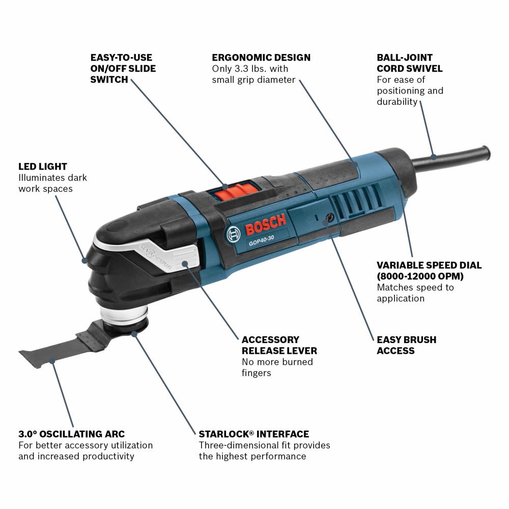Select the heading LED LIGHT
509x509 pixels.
point(43,166)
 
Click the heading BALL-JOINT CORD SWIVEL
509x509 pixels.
point(410,63)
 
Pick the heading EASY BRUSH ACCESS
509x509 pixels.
point(406,345)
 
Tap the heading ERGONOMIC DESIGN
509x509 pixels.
point(261,58)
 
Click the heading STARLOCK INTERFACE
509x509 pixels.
point(253,434)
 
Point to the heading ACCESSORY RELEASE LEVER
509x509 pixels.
point(279,345)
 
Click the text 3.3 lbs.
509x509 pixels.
point(246,69)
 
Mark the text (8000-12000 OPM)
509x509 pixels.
point(420,276)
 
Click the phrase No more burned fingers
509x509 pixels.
point(277,367)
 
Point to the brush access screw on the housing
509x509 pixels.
point(328,218)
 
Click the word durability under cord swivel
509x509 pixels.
point(397,101)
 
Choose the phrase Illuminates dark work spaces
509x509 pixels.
point(52,183)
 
